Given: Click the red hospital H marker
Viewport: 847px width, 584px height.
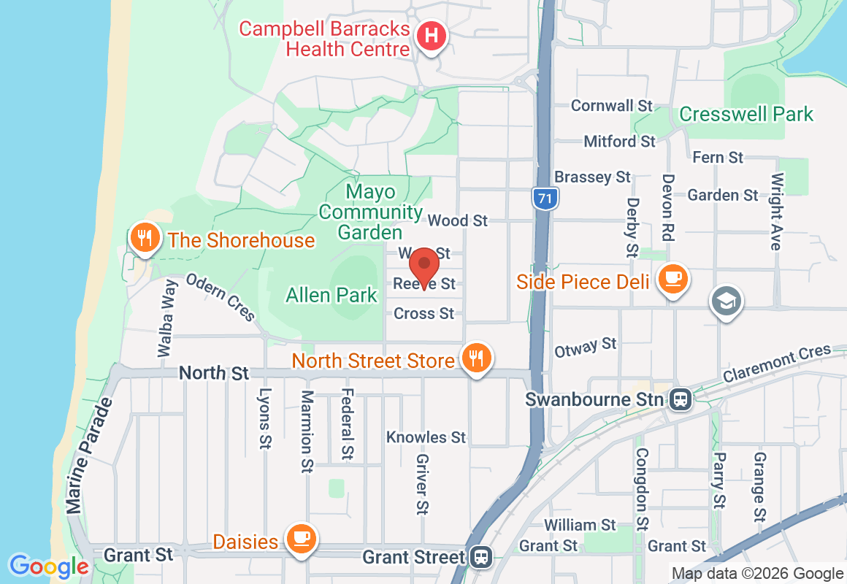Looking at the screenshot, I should (x=432, y=36).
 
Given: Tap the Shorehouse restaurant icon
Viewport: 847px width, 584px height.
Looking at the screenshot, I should (x=145, y=238).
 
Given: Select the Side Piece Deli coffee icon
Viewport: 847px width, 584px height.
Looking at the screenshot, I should (x=670, y=279).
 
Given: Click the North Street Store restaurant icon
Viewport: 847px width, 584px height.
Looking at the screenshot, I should (x=476, y=358).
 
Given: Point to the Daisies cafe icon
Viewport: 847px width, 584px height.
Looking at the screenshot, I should (x=299, y=539).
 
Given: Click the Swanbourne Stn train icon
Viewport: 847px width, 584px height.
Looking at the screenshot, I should (x=680, y=399).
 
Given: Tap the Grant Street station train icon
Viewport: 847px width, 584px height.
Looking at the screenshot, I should (x=480, y=557).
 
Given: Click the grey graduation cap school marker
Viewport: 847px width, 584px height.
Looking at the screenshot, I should (x=727, y=301).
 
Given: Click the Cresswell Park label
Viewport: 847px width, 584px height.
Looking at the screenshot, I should (x=746, y=115).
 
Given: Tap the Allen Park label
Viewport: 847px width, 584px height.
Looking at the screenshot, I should (x=331, y=295).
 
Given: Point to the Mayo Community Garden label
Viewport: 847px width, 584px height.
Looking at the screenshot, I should (x=371, y=212).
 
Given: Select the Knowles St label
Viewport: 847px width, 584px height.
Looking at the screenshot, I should (x=426, y=437).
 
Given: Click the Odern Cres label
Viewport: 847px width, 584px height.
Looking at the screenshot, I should (x=221, y=296).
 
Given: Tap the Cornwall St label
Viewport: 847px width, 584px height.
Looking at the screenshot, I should (x=612, y=106).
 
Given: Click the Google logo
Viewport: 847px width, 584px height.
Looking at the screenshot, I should (x=49, y=566).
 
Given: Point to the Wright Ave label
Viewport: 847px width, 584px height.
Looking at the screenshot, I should (x=777, y=212).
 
